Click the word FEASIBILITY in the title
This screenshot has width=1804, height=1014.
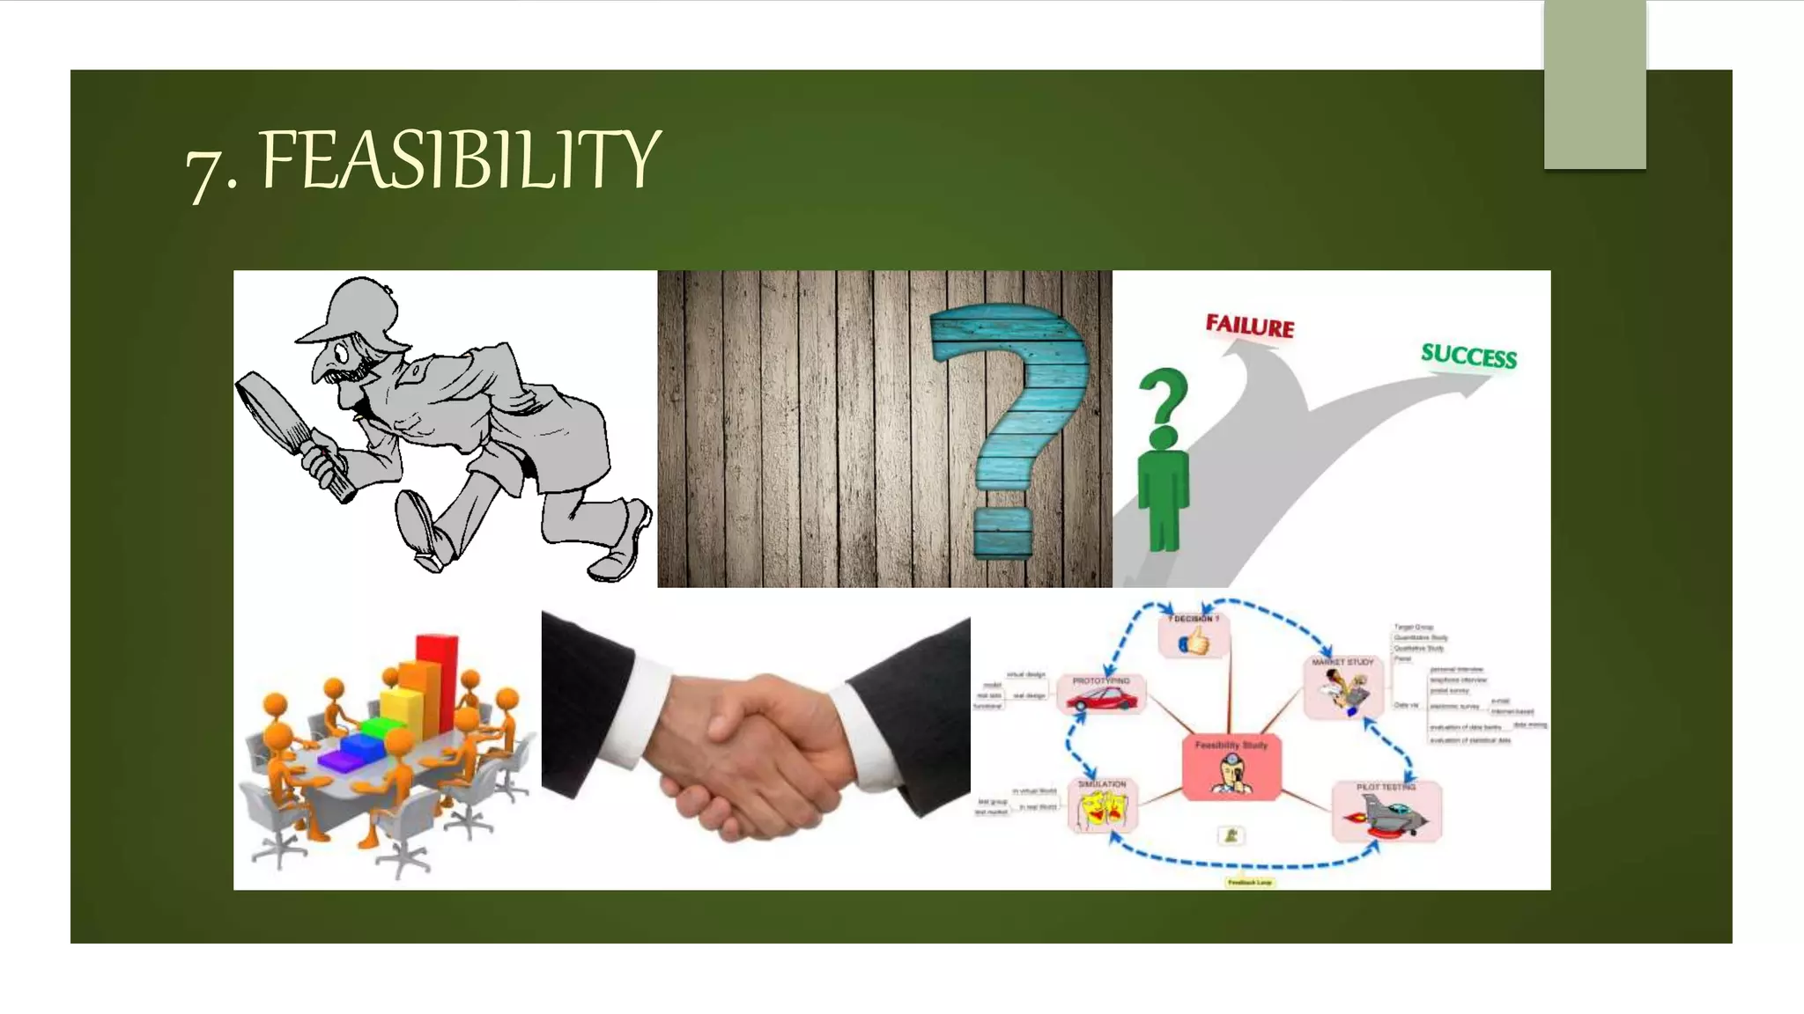click(460, 159)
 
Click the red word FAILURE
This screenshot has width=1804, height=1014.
click(1249, 327)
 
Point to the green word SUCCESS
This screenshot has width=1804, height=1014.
click(1468, 356)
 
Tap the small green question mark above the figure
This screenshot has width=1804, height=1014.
click(1164, 395)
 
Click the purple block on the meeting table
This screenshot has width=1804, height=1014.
click(338, 760)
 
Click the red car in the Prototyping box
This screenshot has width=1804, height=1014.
click(1101, 700)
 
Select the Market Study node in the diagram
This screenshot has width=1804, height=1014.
click(1343, 687)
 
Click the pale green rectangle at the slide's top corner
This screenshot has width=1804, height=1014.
click(1594, 84)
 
